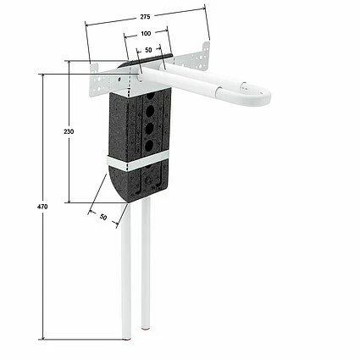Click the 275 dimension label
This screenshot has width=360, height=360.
145,17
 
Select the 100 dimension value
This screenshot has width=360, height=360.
146,34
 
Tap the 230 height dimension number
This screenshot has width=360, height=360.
69,131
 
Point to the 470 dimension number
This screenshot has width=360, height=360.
42,207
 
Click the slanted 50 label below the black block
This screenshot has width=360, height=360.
103,217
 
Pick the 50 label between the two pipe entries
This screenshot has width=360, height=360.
148,50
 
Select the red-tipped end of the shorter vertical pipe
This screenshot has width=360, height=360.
146,328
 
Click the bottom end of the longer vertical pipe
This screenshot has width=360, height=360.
126,337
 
